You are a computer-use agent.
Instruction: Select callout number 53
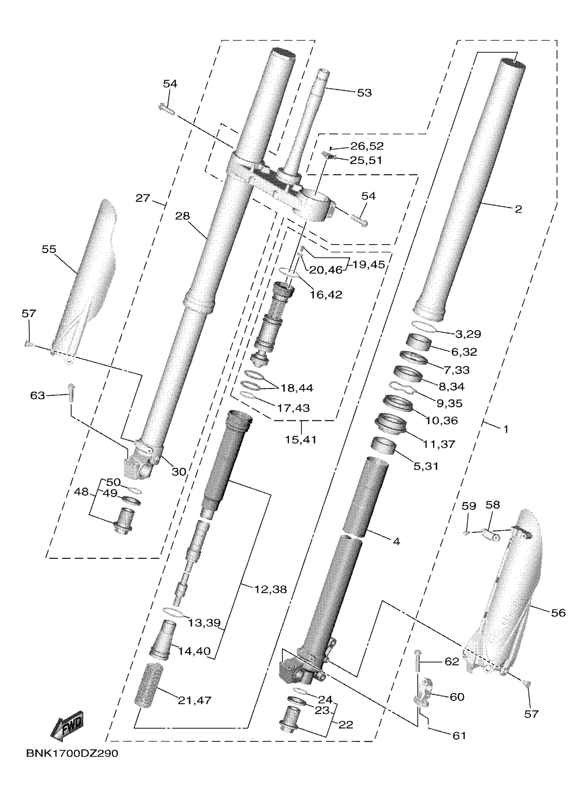[364, 93]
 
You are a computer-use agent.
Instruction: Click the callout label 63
[38, 396]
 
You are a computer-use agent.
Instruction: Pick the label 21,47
[194, 700]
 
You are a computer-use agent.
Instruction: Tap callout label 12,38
[270, 589]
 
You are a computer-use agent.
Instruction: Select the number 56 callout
[558, 613]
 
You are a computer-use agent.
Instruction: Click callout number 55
[49, 249]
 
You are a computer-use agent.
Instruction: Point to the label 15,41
[301, 440]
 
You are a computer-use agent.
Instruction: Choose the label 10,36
[442, 421]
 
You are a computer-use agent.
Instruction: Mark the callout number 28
[183, 216]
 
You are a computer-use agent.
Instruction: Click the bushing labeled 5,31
[383, 445]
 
